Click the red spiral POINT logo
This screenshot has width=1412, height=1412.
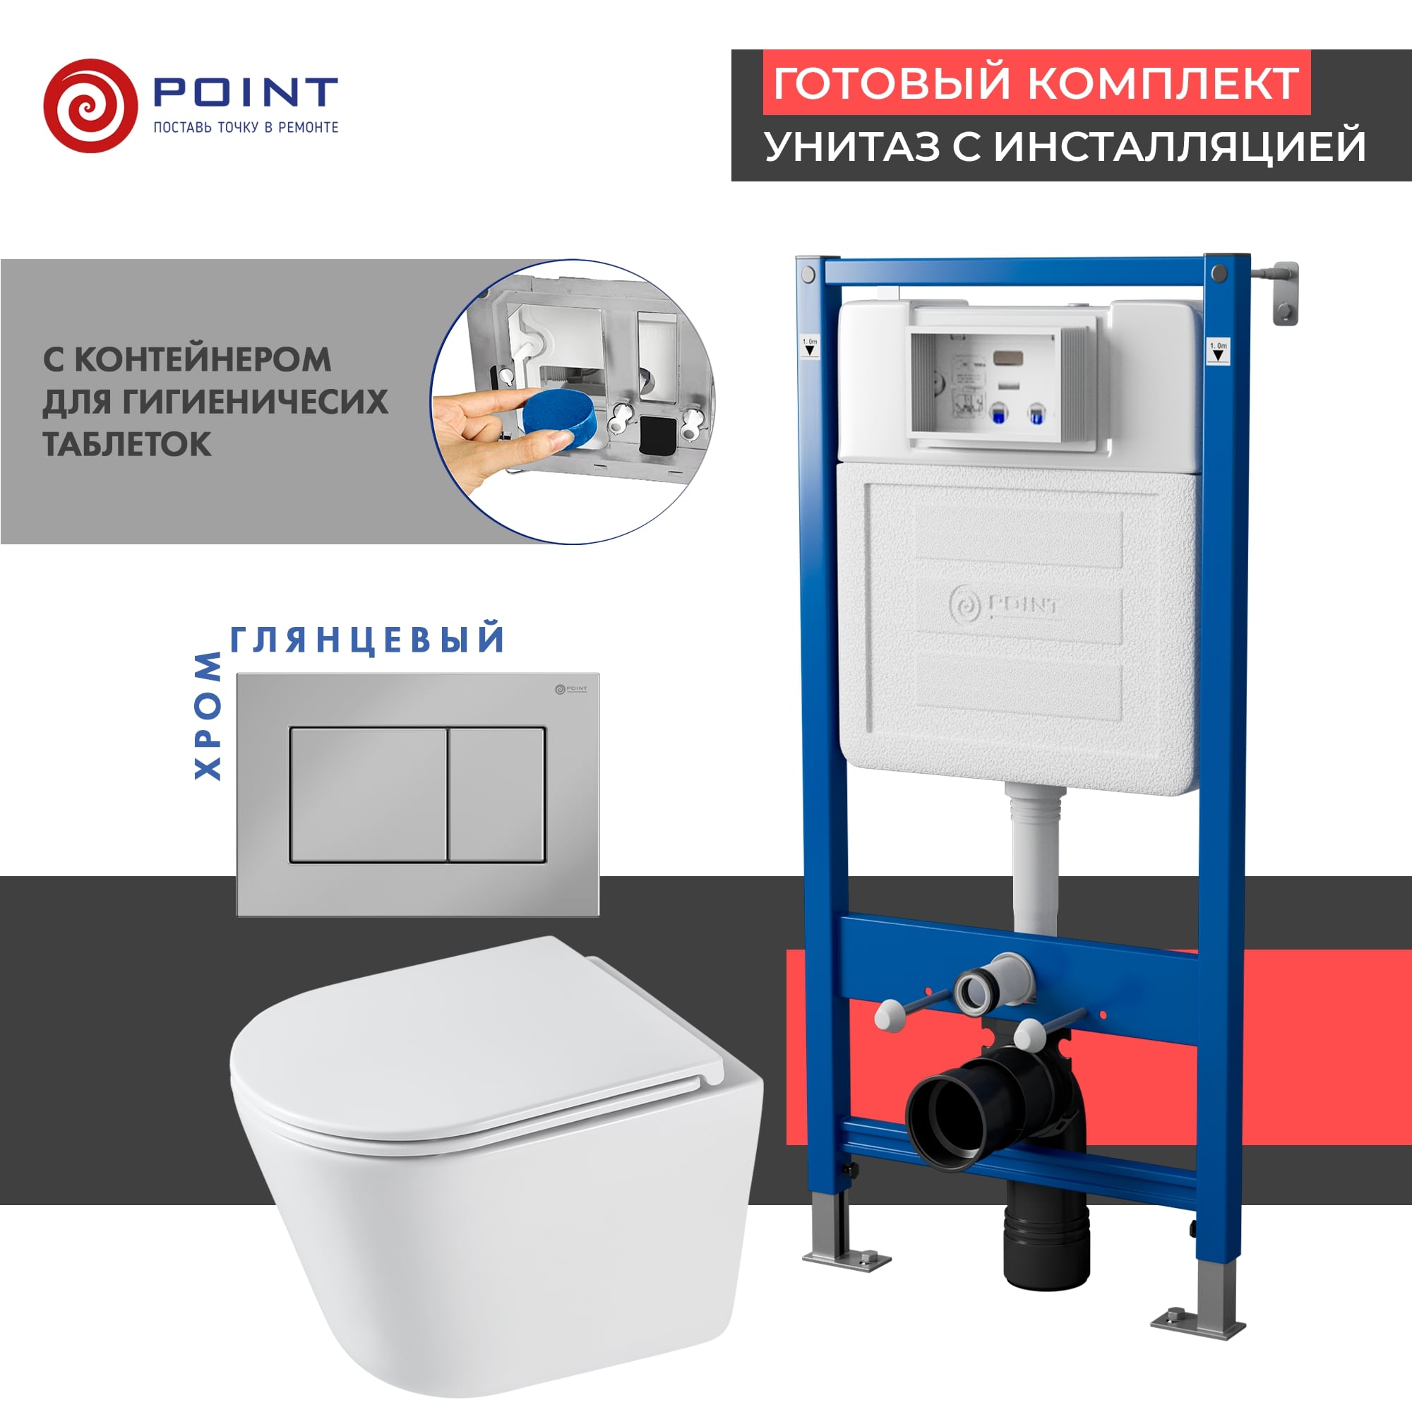90,106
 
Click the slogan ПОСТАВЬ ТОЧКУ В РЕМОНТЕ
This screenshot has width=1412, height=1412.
246,127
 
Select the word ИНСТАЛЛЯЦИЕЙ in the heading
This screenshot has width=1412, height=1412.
1180,145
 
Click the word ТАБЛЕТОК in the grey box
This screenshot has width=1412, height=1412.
127,444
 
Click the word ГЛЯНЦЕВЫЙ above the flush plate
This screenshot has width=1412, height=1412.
368,639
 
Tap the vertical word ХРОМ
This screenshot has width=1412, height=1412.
208,716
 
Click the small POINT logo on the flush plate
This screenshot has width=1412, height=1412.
570,688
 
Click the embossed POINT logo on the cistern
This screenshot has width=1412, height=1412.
1003,605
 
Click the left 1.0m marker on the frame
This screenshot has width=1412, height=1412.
810,347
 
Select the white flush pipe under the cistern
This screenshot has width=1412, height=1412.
1035,863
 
